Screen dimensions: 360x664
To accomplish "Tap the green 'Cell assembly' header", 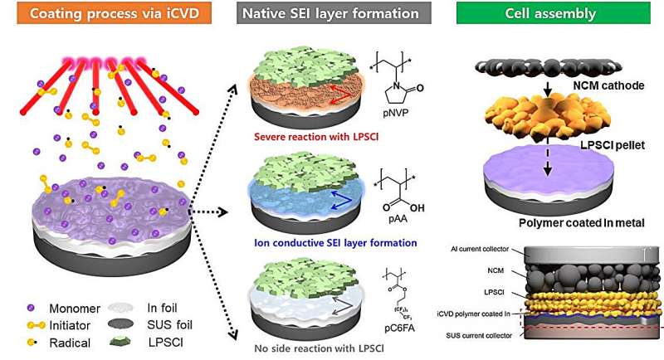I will [558, 14].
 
